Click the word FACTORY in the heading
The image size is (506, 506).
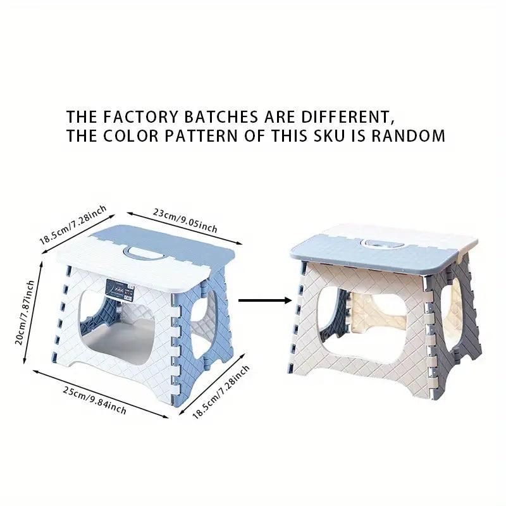click(136, 117)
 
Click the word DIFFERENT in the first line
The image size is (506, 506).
click(352, 117)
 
